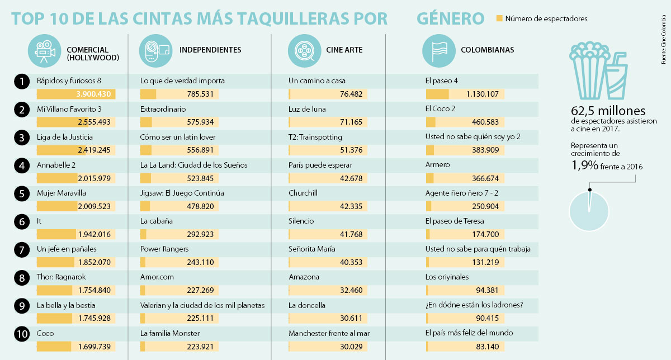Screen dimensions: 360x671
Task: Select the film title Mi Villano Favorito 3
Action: [x=68, y=109]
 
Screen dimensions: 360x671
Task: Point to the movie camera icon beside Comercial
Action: [x=44, y=50]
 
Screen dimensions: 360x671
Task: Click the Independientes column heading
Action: [x=210, y=50]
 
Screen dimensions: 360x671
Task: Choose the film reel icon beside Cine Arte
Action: [x=304, y=50]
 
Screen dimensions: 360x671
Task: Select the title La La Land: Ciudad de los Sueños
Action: [x=193, y=165]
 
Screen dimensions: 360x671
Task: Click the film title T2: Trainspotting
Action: [x=315, y=137]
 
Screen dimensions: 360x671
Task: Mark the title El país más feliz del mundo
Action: [x=469, y=333]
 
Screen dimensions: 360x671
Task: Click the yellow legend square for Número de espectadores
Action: [x=499, y=19]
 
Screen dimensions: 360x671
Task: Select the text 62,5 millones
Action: [x=608, y=111]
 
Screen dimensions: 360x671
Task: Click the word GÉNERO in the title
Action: [x=450, y=18]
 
